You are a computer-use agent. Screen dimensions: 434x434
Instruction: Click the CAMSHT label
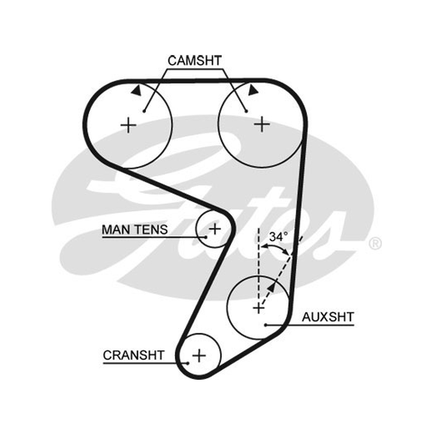[195, 61]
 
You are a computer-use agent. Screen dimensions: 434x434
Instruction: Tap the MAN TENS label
[135, 229]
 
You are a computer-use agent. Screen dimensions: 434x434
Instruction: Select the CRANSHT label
[133, 355]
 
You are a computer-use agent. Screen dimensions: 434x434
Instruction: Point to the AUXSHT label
[328, 317]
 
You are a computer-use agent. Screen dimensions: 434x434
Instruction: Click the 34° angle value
[278, 237]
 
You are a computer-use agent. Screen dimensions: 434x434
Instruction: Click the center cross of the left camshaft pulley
[129, 125]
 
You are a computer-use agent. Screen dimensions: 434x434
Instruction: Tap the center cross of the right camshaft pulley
[262, 124]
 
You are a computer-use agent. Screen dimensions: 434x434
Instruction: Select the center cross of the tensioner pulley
[215, 228]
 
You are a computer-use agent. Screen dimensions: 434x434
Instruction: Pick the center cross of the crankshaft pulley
[199, 355]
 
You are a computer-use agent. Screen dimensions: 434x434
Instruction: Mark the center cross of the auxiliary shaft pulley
[259, 308]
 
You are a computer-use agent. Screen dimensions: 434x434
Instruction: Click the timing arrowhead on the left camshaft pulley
[137, 91]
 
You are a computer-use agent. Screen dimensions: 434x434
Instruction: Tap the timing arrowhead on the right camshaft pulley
[253, 90]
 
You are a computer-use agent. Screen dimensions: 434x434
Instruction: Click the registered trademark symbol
[375, 244]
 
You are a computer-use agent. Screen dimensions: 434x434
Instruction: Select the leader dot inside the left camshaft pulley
[144, 111]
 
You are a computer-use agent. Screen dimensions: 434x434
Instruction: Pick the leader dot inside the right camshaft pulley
[246, 111]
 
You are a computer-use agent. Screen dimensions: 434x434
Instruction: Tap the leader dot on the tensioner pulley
[206, 237]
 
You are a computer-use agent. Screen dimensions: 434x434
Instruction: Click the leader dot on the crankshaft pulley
[188, 363]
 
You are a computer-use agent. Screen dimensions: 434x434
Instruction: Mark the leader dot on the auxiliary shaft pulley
[265, 325]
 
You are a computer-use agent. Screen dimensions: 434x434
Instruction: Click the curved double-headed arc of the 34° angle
[276, 245]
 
